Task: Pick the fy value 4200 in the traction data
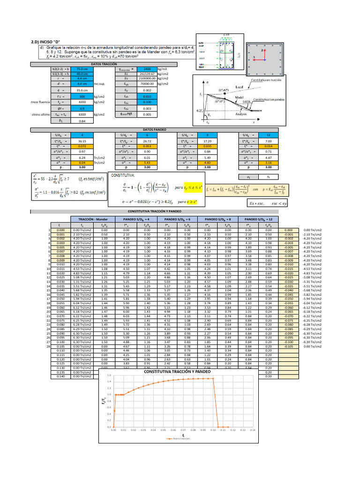click(82, 101)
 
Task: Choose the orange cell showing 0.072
click(82, 146)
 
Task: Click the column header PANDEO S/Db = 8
click(217, 218)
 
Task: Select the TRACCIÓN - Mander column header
click(91, 218)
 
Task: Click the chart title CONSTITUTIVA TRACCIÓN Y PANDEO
click(178, 371)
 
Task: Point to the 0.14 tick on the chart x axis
click(252, 430)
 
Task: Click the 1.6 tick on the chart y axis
click(109, 375)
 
